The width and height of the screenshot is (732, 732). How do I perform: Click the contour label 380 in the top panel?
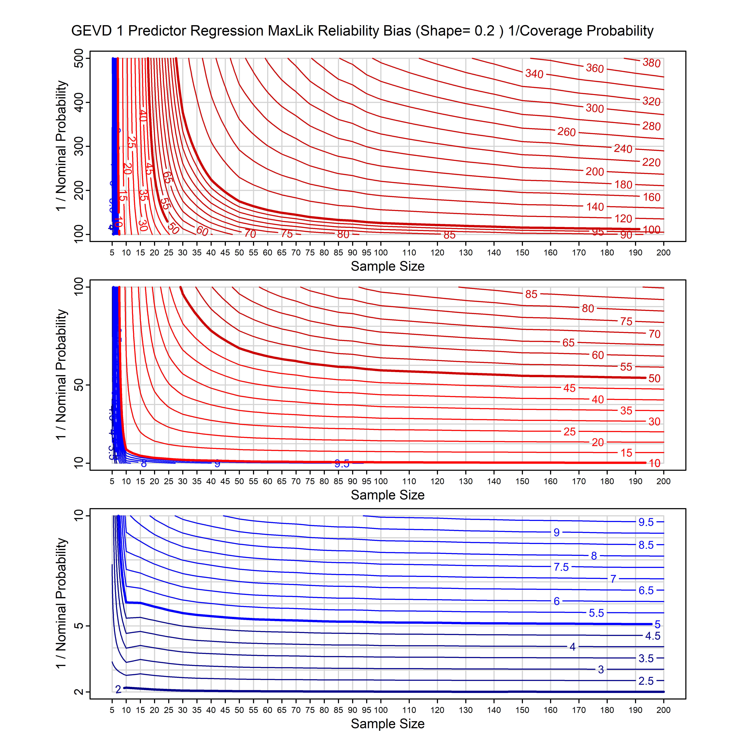[651, 63]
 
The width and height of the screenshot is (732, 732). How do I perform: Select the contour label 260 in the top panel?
[566, 132]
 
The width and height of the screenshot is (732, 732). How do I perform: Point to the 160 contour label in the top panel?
[651, 197]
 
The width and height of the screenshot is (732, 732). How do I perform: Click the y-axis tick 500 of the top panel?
[79, 58]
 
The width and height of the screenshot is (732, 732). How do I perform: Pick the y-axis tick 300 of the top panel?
[79, 146]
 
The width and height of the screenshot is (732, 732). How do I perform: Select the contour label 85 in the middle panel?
[531, 294]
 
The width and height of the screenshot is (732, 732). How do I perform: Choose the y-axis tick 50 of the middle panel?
[79, 385]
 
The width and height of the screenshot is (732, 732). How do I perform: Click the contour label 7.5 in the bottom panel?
[561, 567]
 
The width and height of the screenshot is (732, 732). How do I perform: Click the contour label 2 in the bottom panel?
[118, 689]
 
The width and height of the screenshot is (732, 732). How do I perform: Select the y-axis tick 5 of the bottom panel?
[79, 626]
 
